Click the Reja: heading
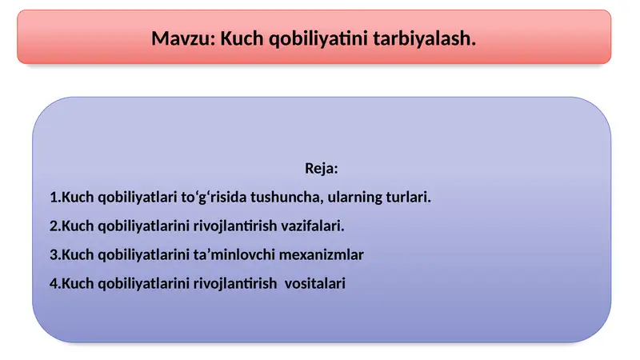(x=322, y=169)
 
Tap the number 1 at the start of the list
(x=53, y=197)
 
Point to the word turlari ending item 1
(x=407, y=197)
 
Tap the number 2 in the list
(x=53, y=226)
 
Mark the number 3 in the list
(x=53, y=254)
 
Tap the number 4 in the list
(x=53, y=283)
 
